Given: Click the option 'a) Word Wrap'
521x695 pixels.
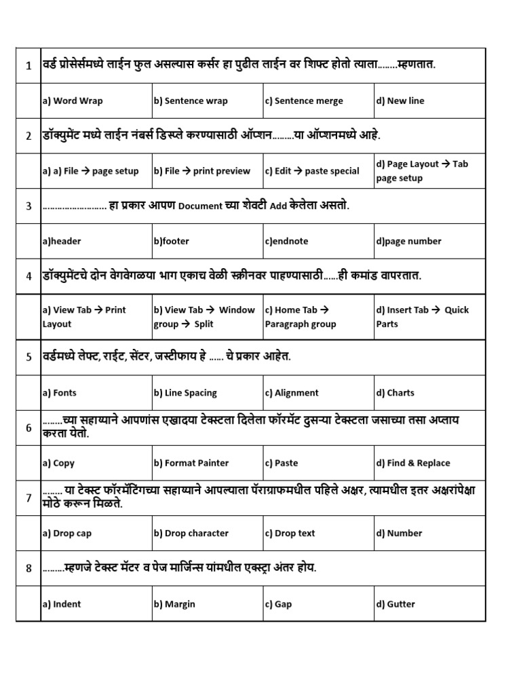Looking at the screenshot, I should [x=73, y=101].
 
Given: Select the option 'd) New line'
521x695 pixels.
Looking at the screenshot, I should [x=400, y=101].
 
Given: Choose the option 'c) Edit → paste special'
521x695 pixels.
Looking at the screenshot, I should [x=312, y=171].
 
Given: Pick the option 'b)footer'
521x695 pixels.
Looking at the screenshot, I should [x=172, y=241].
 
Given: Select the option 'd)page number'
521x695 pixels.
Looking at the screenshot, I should [x=409, y=241].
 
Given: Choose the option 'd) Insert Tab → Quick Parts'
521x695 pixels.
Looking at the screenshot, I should [x=423, y=317].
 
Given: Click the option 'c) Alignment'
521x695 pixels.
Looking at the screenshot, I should [x=292, y=393].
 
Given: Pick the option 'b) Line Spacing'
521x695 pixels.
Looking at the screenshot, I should [x=185, y=393].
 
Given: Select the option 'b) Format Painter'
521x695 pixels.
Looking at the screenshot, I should [x=191, y=464].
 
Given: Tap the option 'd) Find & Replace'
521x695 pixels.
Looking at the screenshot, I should [x=413, y=464].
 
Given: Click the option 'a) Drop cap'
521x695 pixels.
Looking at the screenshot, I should [x=67, y=533].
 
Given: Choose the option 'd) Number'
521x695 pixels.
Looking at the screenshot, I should [x=400, y=533].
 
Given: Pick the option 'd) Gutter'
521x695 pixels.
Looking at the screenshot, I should [x=395, y=604].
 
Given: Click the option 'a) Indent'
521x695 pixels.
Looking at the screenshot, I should [x=62, y=604].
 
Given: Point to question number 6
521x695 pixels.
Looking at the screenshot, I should [x=28, y=428].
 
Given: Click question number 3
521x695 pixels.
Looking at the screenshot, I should [x=28, y=206].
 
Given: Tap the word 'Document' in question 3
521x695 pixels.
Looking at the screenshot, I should [x=200, y=206].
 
